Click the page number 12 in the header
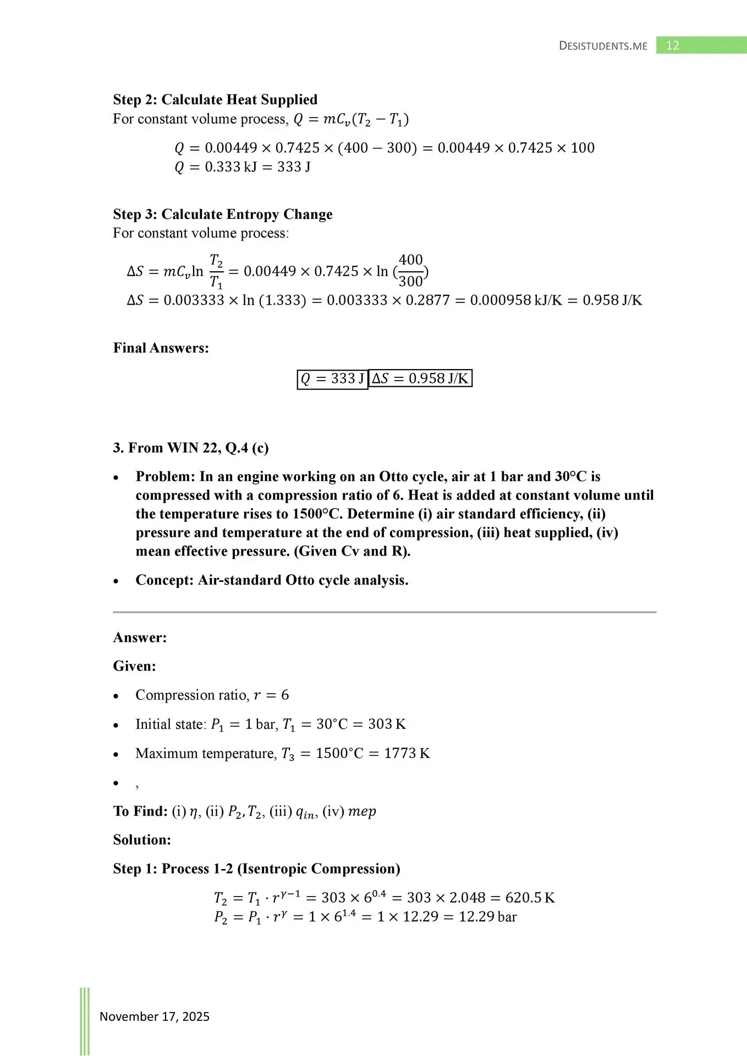(672, 46)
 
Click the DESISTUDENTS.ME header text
(603, 46)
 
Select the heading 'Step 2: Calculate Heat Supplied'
(215, 100)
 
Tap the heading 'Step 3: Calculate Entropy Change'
(223, 214)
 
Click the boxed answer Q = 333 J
(332, 379)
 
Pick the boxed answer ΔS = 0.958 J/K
(420, 378)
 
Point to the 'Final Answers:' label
(161, 348)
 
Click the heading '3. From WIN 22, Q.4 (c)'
(191, 448)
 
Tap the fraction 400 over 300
(410, 271)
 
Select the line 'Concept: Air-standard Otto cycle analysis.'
(272, 580)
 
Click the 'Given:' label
(135, 666)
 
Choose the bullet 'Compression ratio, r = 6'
(212, 695)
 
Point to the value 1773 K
(407, 753)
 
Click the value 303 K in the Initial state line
(387, 724)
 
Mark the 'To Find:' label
(140, 811)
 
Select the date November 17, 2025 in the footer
(155, 1016)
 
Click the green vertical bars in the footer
(85, 1020)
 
